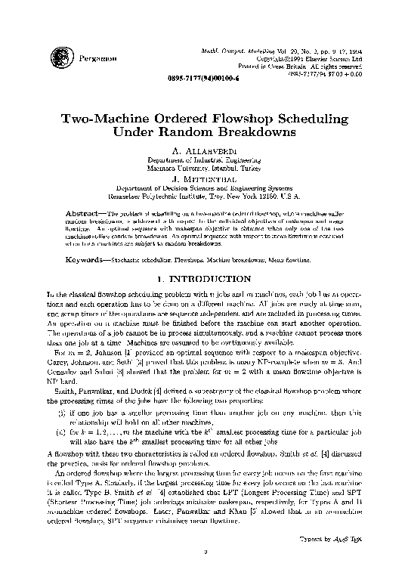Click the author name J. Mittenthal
(204, 179)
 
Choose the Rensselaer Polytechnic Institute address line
(204, 197)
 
